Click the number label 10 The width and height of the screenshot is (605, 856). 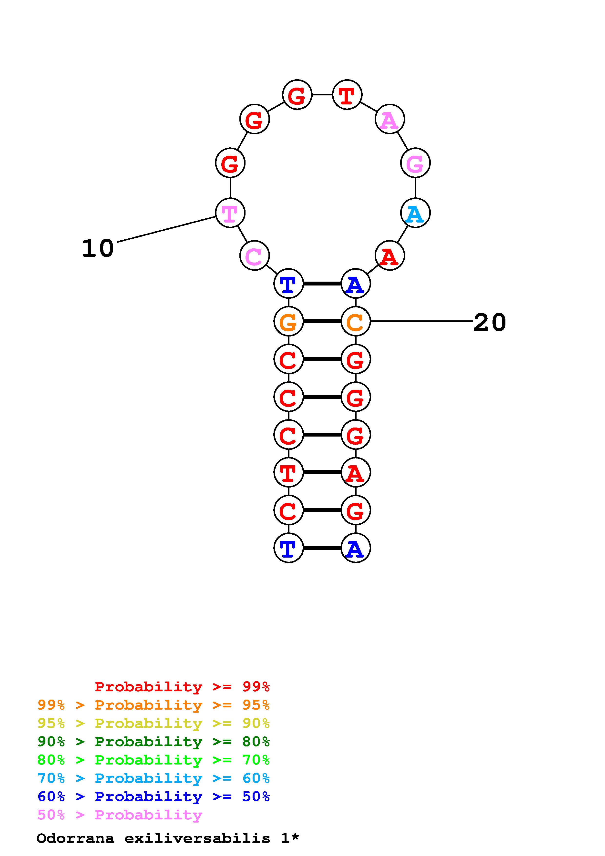(x=98, y=248)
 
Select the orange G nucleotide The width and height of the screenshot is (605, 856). (x=288, y=321)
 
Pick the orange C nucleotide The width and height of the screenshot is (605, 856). (x=355, y=321)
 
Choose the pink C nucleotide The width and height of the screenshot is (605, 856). (x=254, y=256)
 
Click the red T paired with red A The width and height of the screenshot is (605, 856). (x=288, y=472)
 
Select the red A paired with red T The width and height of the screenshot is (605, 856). (x=355, y=472)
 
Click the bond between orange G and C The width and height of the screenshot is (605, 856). (x=322, y=321)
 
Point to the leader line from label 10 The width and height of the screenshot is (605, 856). (x=167, y=229)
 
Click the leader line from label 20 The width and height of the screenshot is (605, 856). (x=421, y=321)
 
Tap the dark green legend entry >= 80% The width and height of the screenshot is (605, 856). (x=154, y=742)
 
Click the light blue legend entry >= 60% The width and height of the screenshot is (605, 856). (x=154, y=778)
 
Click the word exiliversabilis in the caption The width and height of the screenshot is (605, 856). (x=197, y=838)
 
